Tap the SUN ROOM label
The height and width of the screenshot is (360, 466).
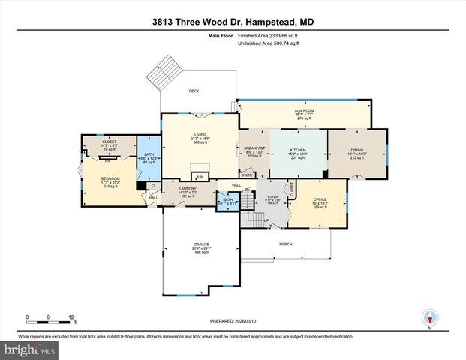pyautogui.click(x=304, y=109)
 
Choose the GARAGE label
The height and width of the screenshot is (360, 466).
pyautogui.click(x=201, y=244)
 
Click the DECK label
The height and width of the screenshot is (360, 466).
pyautogui.click(x=194, y=91)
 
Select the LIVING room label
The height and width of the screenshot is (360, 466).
pyautogui.click(x=200, y=135)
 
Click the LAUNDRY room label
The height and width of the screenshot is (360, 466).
pyautogui.click(x=188, y=189)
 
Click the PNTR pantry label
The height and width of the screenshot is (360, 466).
pyautogui.click(x=247, y=175)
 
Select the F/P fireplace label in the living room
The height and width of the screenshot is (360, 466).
pyautogui.click(x=200, y=177)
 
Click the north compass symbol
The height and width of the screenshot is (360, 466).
pyautogui.click(x=430, y=317)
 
